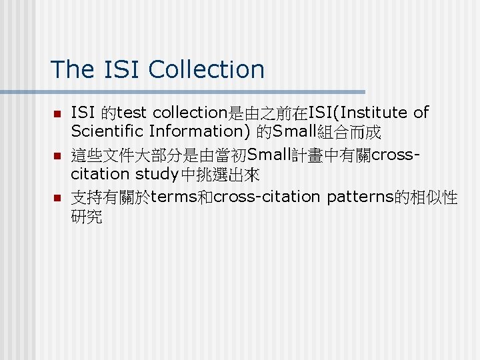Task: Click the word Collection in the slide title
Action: pos(207,69)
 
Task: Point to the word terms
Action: pos(175,198)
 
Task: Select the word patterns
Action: pos(360,198)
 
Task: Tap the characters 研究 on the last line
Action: pos(86,217)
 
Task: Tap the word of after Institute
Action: pos(421,113)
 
